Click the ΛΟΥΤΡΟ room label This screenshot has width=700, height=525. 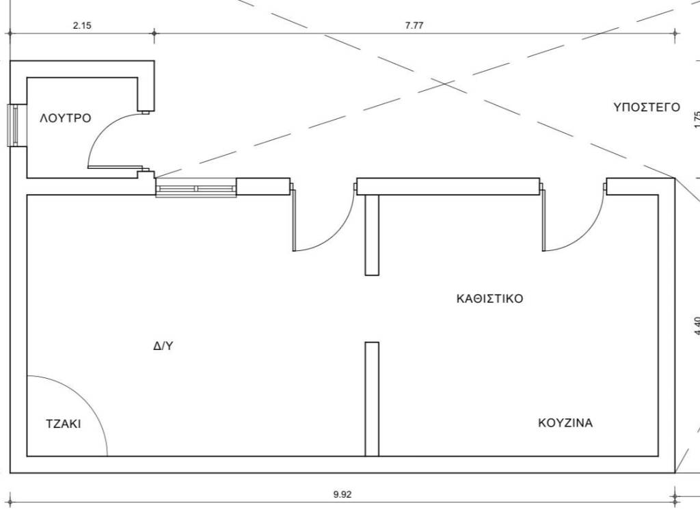pyautogui.click(x=65, y=118)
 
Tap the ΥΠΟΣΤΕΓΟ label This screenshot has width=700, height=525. pyautogui.click(x=646, y=107)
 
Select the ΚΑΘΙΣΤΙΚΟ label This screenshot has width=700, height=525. pyautogui.click(x=489, y=299)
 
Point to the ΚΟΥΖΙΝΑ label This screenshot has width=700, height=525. pyautogui.click(x=565, y=422)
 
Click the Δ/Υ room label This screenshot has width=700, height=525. pyautogui.click(x=163, y=346)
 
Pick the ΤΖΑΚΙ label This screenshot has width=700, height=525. pyautogui.click(x=63, y=423)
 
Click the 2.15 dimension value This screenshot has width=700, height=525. pyautogui.click(x=82, y=25)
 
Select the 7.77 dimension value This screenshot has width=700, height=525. pyautogui.click(x=414, y=25)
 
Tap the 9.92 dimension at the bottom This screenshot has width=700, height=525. pyautogui.click(x=342, y=495)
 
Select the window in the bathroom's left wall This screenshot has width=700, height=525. pyautogui.click(x=13, y=124)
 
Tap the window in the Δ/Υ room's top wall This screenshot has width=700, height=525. pyautogui.click(x=196, y=188)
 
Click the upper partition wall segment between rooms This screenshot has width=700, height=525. pyautogui.click(x=372, y=234)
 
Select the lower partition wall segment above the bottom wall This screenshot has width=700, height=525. pyautogui.click(x=372, y=398)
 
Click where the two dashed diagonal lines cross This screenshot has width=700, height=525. pyautogui.click(x=445, y=83)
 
